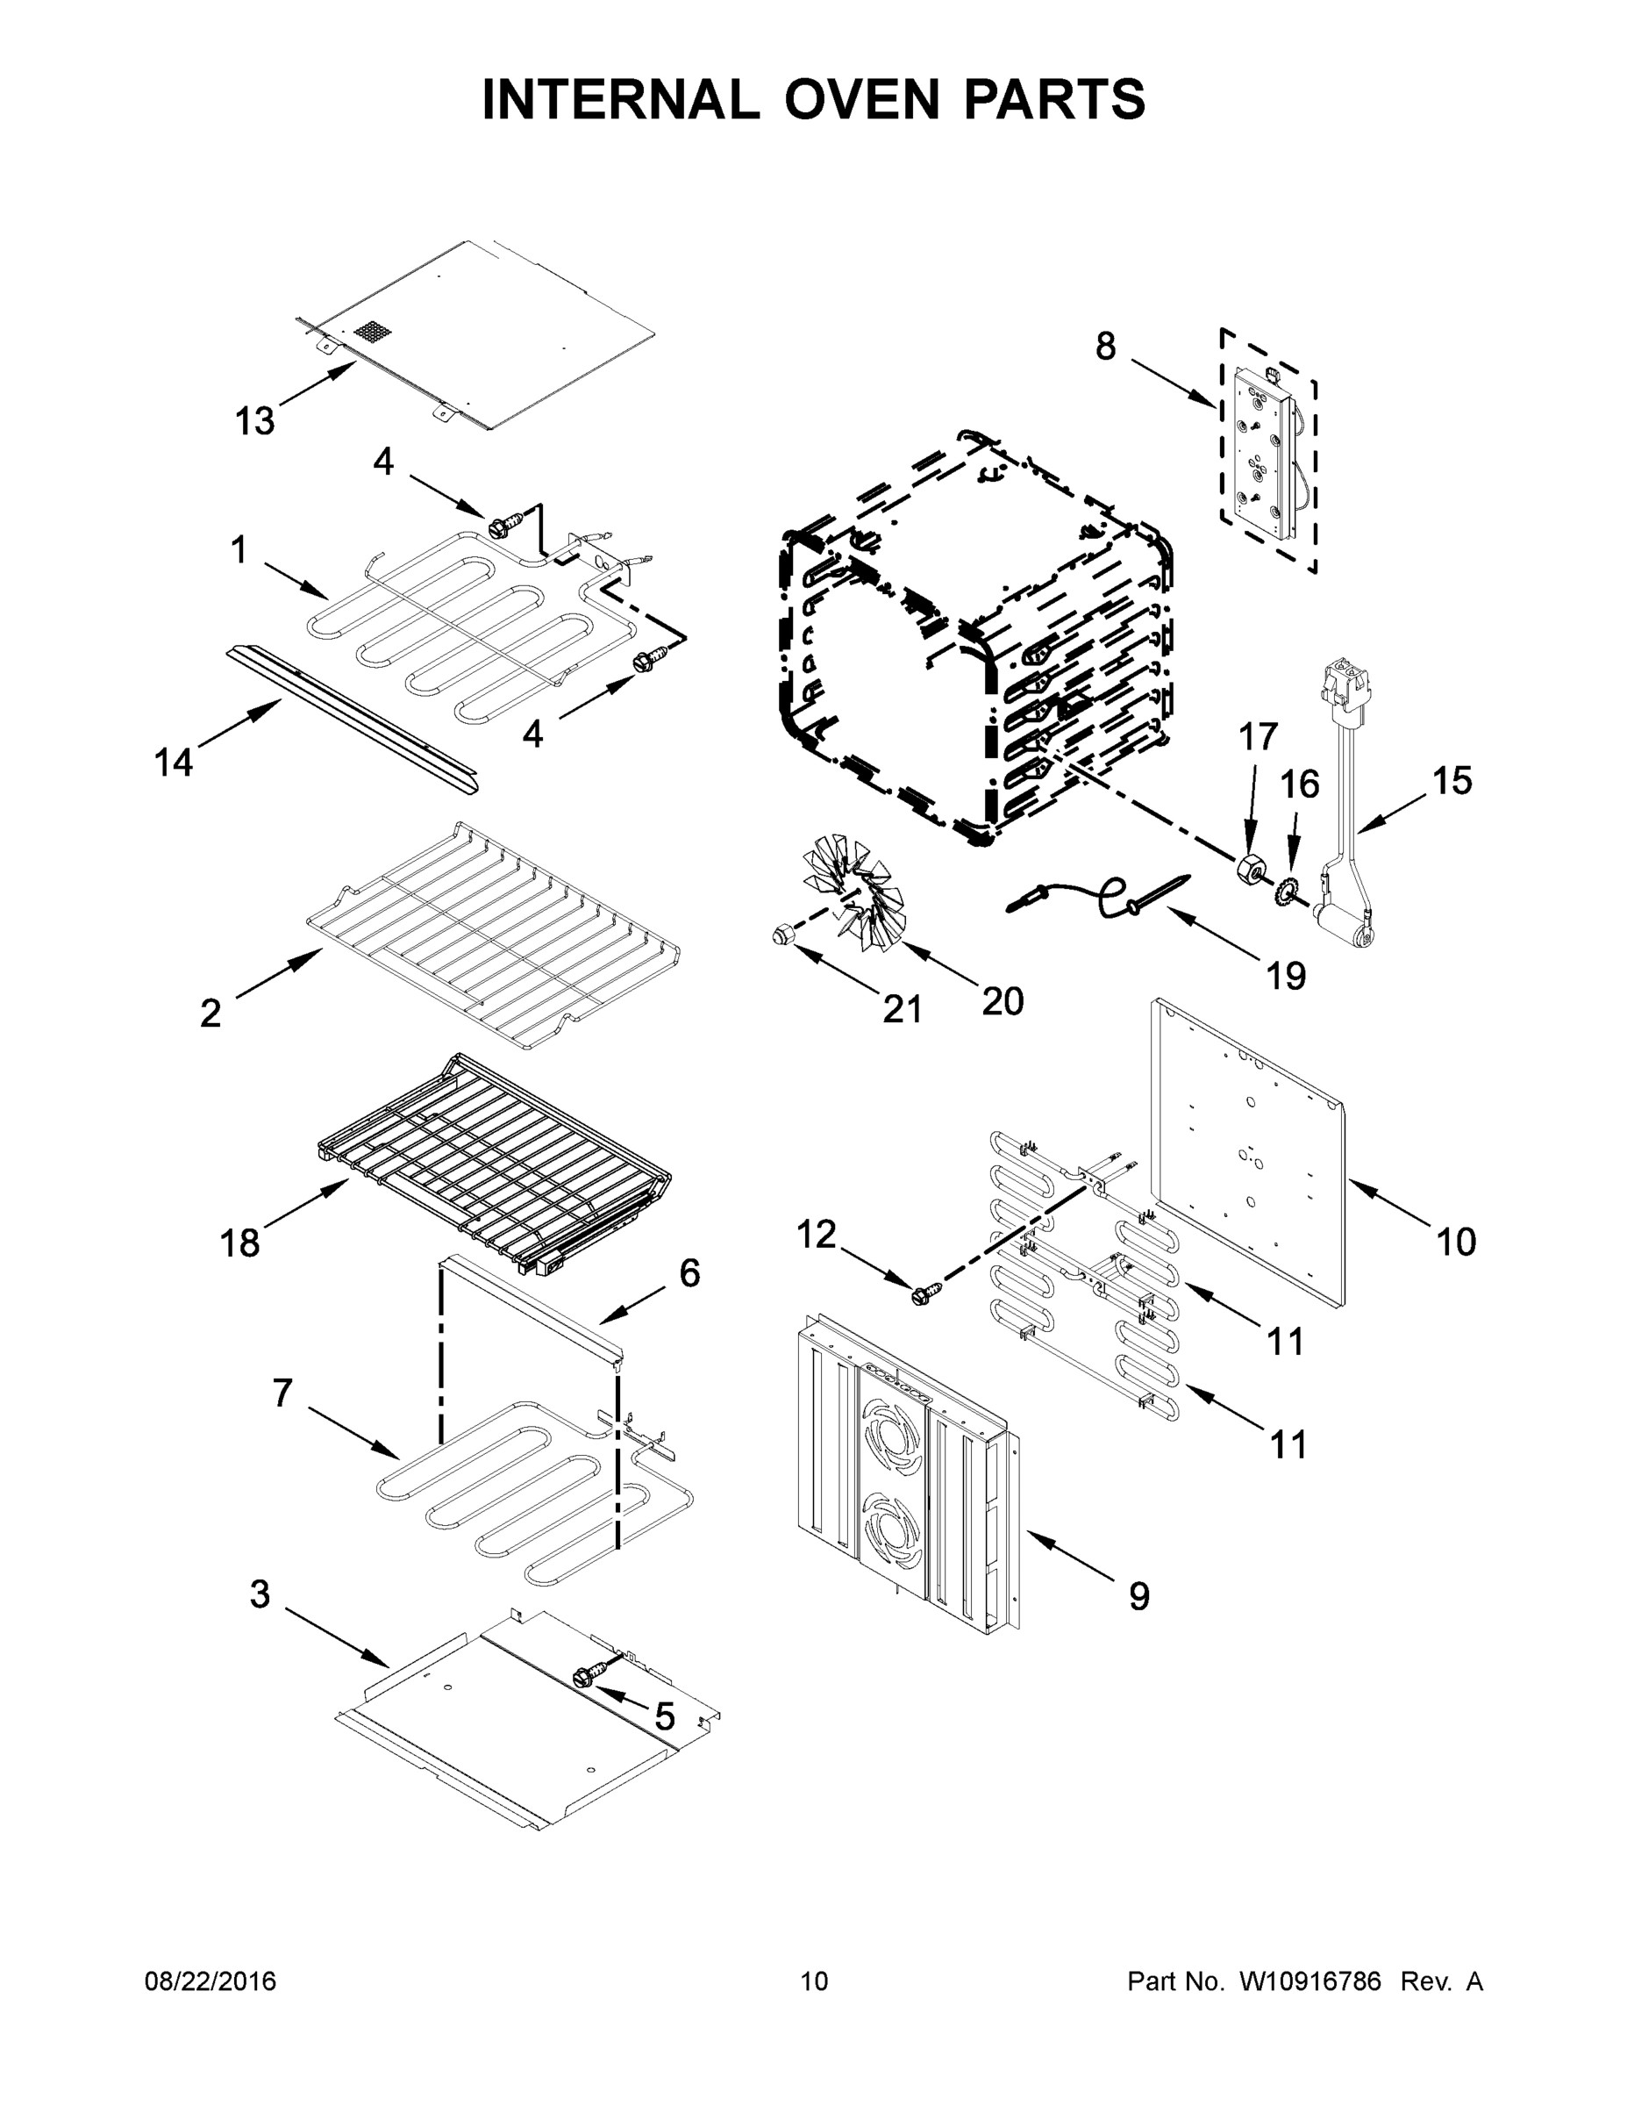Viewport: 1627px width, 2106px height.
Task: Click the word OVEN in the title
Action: (861, 99)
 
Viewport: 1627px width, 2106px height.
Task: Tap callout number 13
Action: (255, 421)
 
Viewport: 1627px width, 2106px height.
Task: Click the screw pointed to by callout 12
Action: (920, 1294)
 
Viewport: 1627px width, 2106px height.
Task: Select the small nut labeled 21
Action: (781, 933)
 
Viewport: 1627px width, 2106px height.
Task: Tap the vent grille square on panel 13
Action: (374, 334)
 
